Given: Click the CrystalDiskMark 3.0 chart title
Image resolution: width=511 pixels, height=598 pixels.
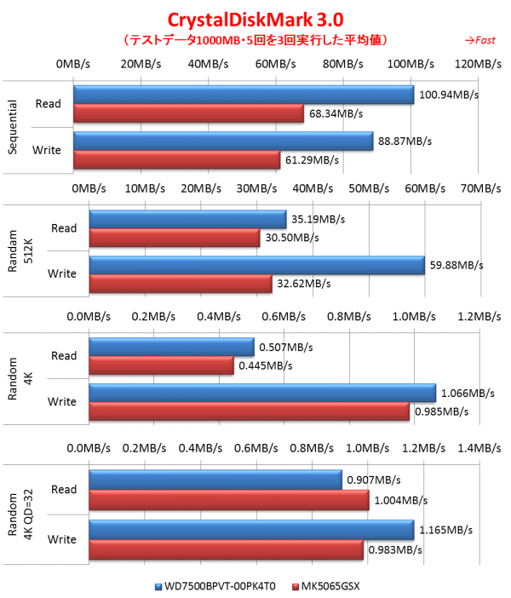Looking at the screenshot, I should pos(255,20).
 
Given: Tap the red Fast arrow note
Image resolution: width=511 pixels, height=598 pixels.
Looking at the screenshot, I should pos(480,40).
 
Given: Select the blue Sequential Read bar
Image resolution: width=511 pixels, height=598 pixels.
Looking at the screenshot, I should pos(244,94).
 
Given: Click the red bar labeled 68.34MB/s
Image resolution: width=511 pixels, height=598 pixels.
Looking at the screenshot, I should pos(188,113).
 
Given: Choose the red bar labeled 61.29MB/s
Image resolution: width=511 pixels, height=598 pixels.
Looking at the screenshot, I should pos(176,159).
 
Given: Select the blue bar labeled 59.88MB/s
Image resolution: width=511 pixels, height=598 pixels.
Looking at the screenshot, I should pos(256,265).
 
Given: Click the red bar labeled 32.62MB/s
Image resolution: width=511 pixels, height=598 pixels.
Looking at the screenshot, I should pos(180,284).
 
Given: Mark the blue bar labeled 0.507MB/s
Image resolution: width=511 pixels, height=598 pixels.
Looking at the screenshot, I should pos(171,347).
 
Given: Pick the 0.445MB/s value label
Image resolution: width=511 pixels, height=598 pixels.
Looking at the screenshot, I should pos(264,366).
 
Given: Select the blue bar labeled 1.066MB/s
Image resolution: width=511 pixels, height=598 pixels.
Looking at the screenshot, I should pos(262,392).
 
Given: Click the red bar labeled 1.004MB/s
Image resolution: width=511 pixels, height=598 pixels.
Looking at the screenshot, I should pos(229,500).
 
